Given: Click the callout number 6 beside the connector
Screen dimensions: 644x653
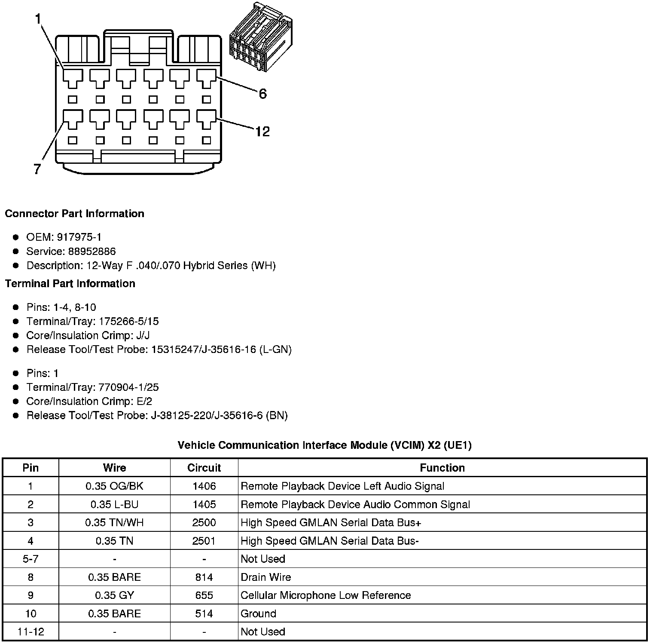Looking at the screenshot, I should point(262,93).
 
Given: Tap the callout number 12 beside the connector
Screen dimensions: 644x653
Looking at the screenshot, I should point(262,131).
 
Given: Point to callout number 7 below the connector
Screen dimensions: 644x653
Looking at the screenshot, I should point(37,169).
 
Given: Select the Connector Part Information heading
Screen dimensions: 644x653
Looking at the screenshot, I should point(74,214).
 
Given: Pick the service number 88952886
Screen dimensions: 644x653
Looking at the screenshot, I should point(92,251).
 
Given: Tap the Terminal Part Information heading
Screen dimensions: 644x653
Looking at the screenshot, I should point(70,283).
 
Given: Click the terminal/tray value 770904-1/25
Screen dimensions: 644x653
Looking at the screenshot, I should point(128,387).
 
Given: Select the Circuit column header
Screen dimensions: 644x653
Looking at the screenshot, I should point(204,468).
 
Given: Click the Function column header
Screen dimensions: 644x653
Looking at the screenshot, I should point(442,468).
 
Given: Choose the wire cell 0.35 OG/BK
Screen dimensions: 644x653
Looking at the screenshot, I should point(114,486).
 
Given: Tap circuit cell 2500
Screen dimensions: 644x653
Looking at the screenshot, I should point(204,522).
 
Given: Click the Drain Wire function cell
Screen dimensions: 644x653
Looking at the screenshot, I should point(265,577).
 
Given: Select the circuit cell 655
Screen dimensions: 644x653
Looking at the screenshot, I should point(204,595).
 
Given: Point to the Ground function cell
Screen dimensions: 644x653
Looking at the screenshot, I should point(258,613).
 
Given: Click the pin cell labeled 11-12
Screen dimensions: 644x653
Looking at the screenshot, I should point(31,632).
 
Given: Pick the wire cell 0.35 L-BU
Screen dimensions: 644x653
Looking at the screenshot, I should point(114,504).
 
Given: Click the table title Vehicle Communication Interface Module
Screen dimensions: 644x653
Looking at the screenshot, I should point(324,445).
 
